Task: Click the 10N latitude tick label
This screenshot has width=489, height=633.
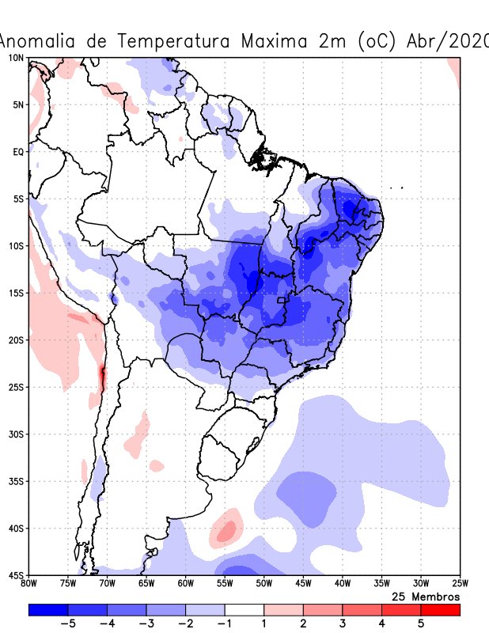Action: point(16,58)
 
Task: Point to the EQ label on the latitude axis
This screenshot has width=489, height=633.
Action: point(17,152)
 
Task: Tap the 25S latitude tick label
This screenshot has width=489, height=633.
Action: point(16,387)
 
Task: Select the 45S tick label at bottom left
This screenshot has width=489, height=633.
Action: point(16,575)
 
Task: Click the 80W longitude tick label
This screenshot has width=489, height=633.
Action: point(28,584)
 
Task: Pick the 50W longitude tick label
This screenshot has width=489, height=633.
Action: point(263,584)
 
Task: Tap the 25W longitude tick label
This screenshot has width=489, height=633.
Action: point(460,584)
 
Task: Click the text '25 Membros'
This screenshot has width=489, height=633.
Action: point(426,596)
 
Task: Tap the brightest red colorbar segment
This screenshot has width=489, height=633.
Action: point(440,610)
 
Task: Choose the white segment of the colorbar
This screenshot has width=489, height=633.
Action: point(244,610)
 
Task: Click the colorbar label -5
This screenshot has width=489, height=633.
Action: point(67,624)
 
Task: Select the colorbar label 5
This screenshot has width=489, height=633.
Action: point(420,624)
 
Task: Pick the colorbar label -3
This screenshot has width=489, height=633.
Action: point(146,624)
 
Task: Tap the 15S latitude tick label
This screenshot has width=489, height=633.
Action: point(16,293)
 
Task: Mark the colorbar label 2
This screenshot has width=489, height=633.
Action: point(303,624)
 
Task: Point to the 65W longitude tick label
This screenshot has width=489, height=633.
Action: point(146,584)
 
